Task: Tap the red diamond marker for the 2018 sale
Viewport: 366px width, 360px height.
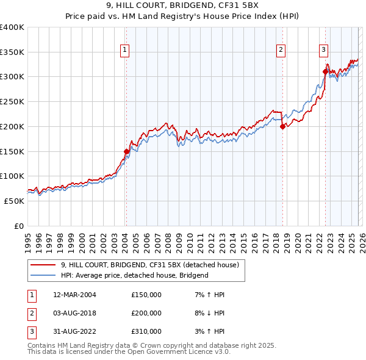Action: (283, 127)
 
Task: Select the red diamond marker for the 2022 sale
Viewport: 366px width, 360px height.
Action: (325, 72)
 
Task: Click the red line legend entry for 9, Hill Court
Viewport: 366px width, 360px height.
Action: (152, 265)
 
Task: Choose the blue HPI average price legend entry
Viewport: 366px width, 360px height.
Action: (134, 275)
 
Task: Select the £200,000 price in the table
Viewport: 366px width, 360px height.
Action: (146, 313)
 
